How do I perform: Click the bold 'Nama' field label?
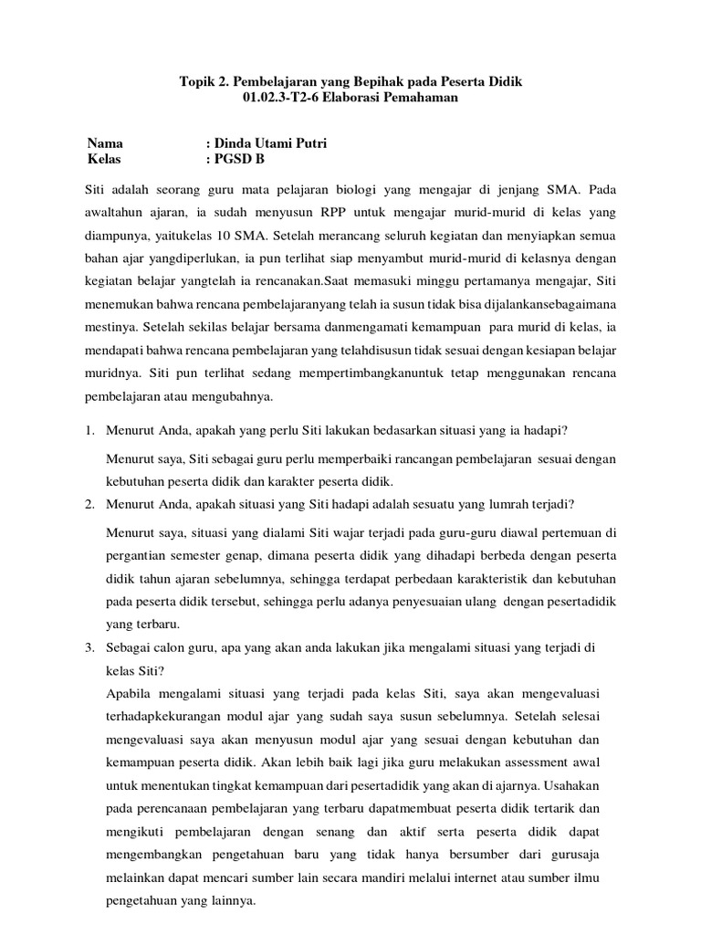point(105,143)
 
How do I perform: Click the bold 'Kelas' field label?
point(104,159)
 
